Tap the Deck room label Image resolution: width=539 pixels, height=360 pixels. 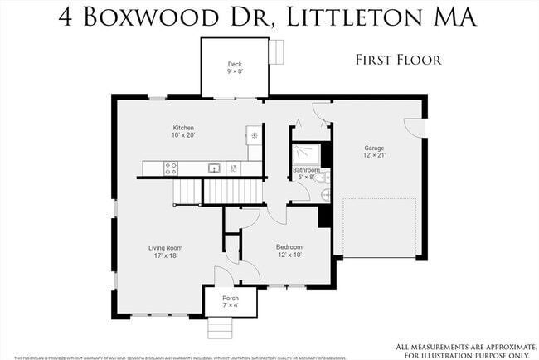[x=235, y=64]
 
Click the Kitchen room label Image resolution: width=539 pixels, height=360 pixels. [x=183, y=128]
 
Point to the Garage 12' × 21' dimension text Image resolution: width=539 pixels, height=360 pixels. [x=375, y=155]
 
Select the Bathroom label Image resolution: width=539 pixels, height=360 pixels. [x=305, y=169]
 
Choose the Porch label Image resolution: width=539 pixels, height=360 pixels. [x=231, y=298]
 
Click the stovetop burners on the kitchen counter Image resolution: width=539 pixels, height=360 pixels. [x=172, y=168]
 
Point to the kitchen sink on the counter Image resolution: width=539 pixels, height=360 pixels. [x=214, y=168]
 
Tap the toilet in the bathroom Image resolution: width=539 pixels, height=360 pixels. [x=323, y=177]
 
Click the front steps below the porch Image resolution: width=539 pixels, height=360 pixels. [x=220, y=329]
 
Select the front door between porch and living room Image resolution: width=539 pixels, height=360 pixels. [x=222, y=275]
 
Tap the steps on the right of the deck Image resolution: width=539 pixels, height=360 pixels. [x=279, y=52]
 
